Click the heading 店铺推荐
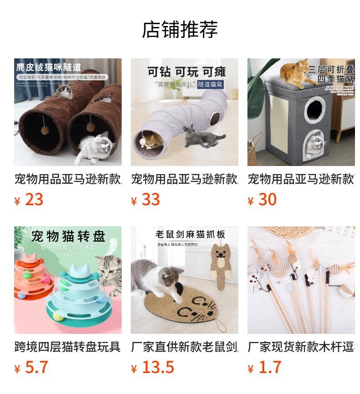coord(180,30)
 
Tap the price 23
coord(34,200)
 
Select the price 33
coord(150,200)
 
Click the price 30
coord(267,200)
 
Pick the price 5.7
coord(36,368)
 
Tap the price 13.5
coord(158,368)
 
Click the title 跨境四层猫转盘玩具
coord(67,347)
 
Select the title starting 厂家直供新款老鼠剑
coord(184,347)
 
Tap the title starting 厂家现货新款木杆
coord(301,347)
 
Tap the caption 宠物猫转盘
coord(68,236)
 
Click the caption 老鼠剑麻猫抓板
coord(190,234)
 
